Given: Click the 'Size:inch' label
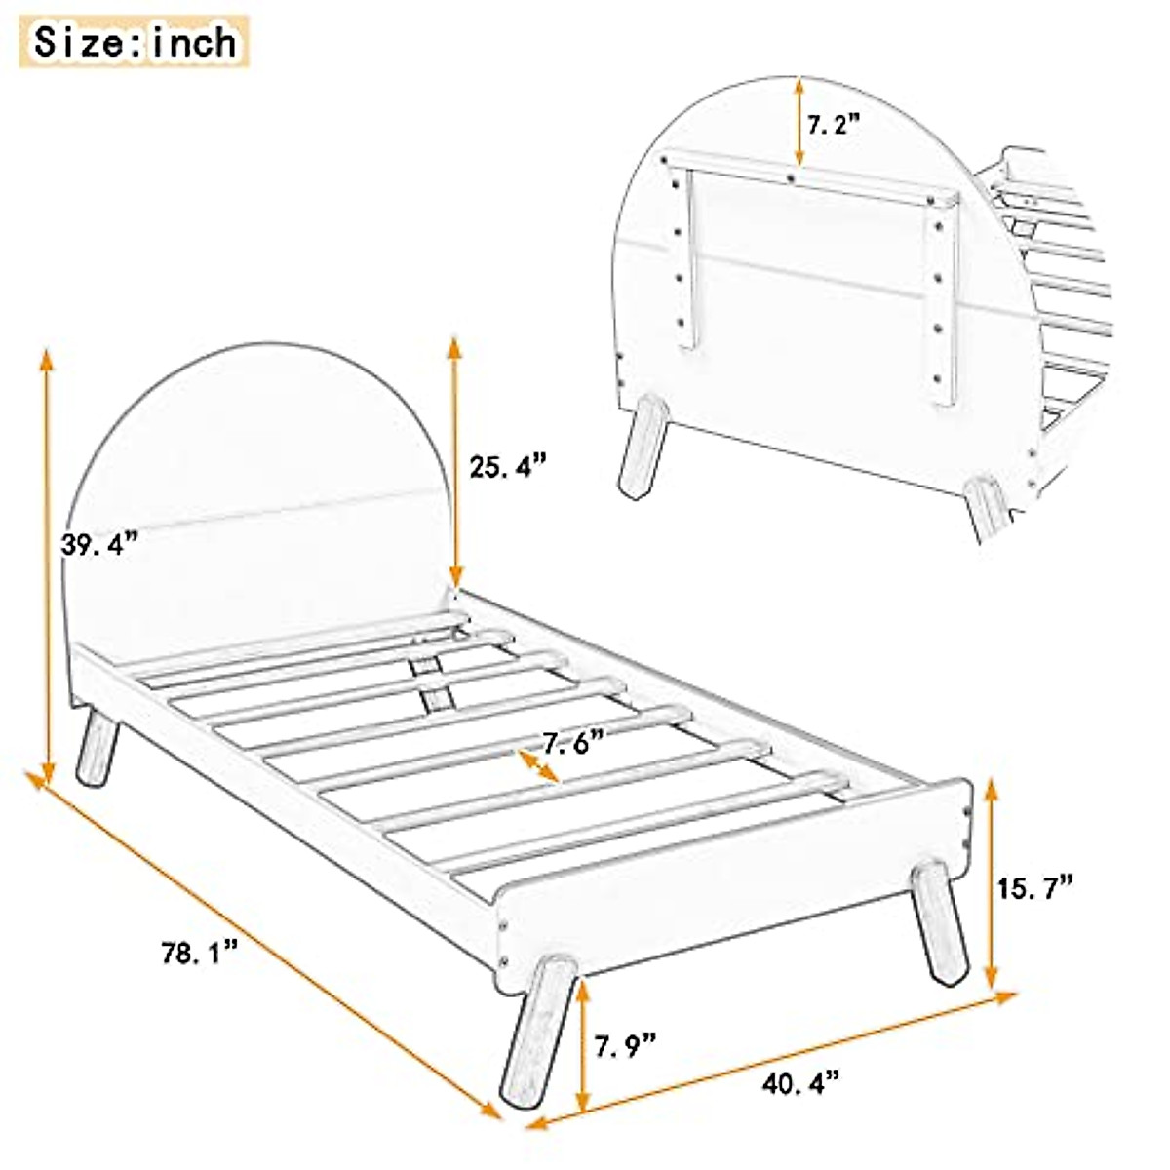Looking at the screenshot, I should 136,41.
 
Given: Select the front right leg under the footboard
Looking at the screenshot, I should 940,922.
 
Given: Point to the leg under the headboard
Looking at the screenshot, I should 97,747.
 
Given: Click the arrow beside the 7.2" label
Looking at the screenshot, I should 799,121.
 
